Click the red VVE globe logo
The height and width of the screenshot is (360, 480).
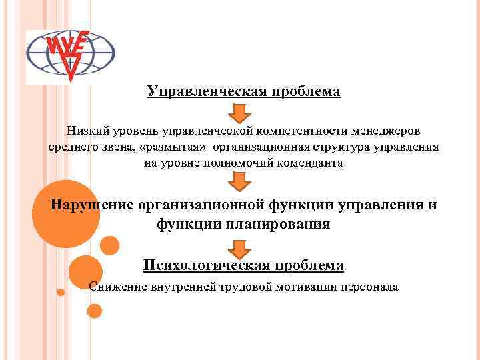(70, 56)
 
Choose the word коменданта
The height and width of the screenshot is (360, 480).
(310, 163)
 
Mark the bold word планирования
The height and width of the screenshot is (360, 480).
(280, 224)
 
